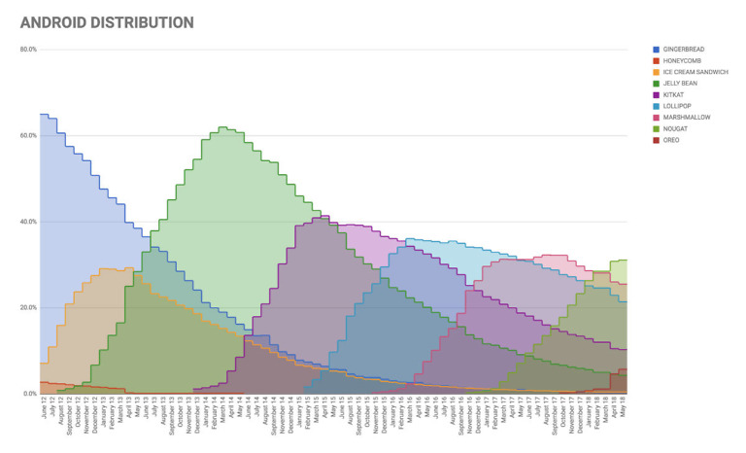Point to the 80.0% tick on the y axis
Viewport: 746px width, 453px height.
point(28,49)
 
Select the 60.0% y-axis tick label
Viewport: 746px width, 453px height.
point(28,135)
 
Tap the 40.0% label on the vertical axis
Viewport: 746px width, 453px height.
point(28,222)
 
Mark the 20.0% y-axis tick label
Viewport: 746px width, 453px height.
point(28,308)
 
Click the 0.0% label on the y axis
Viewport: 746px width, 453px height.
point(29,394)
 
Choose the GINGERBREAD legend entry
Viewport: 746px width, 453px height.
point(685,49)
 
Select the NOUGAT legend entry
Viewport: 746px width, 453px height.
point(677,129)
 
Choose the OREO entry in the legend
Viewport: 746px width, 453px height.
point(672,140)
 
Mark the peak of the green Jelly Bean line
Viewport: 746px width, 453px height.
point(222,127)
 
